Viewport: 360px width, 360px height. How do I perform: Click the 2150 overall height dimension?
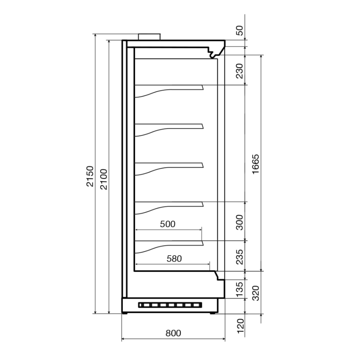click(x=90, y=176)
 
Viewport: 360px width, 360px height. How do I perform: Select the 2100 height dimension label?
click(x=104, y=179)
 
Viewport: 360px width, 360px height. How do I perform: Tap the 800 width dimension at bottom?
click(x=173, y=333)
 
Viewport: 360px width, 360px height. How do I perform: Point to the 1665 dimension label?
click(x=255, y=164)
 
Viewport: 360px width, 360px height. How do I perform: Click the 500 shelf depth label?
click(x=168, y=224)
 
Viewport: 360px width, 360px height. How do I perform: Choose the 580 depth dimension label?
click(x=174, y=259)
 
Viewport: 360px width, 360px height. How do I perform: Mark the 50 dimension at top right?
click(x=239, y=31)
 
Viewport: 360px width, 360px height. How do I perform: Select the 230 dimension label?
click(x=239, y=71)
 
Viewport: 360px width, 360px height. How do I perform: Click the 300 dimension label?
click(x=239, y=223)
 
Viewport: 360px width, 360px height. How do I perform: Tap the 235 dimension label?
click(x=239, y=257)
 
